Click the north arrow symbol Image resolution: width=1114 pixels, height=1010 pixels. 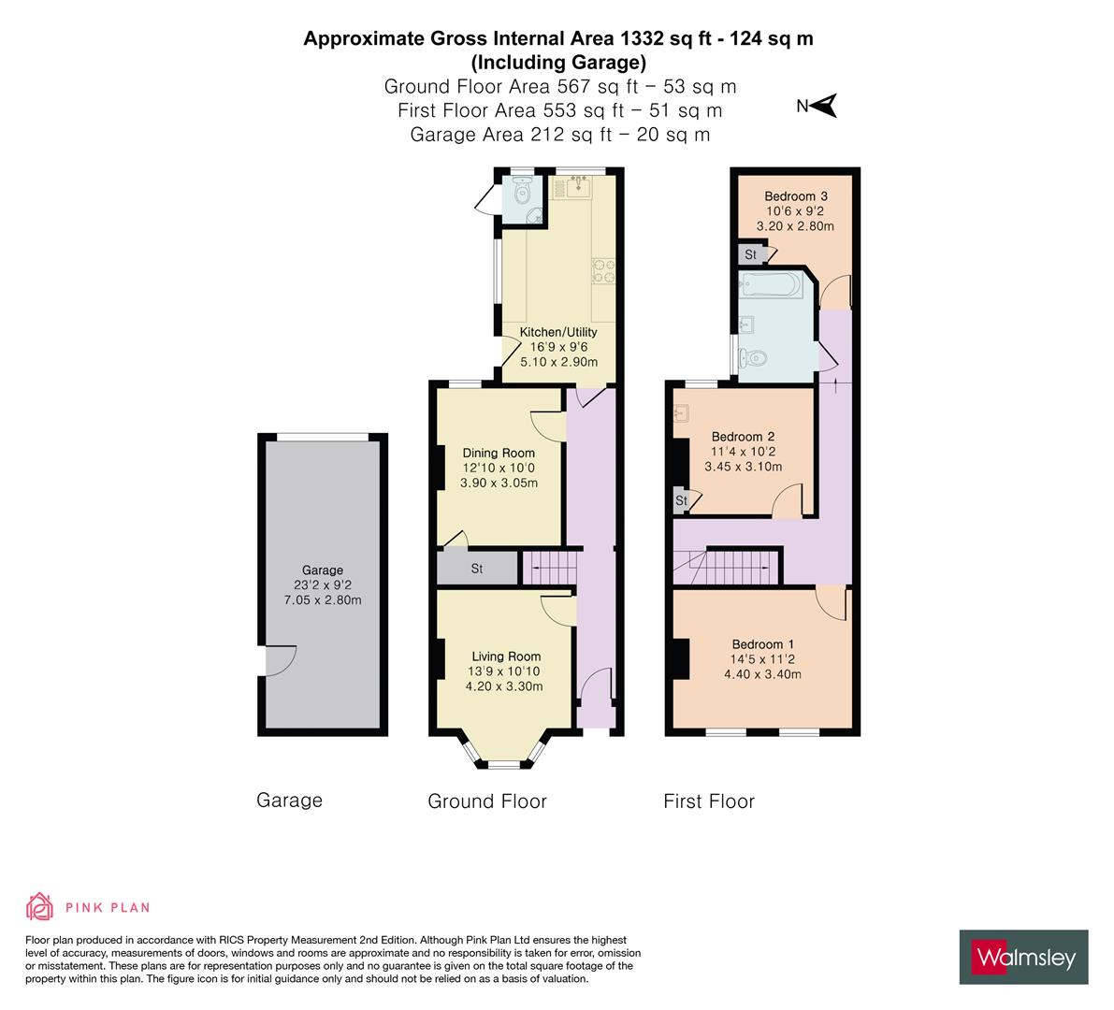click(824, 106)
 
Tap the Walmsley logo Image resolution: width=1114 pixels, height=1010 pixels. click(1023, 957)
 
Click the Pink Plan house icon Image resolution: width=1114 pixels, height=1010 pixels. click(40, 906)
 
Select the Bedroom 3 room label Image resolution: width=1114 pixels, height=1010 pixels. click(796, 196)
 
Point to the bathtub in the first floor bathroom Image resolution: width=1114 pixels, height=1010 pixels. click(770, 285)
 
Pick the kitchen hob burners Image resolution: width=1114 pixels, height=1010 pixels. click(604, 270)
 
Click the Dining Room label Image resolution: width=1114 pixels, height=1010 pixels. click(498, 454)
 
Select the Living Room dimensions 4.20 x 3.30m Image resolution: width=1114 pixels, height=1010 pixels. click(504, 686)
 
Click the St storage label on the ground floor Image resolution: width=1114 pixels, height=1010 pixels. click(477, 569)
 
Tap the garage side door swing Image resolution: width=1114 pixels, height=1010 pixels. click(281, 660)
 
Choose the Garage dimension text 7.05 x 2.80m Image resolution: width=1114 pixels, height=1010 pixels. click(323, 600)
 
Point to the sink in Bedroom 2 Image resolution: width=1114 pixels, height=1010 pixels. click(681, 412)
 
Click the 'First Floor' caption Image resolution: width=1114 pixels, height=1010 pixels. click(708, 801)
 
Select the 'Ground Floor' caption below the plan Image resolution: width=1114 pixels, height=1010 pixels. click(487, 801)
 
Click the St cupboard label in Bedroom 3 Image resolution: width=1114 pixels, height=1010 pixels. click(750, 254)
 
